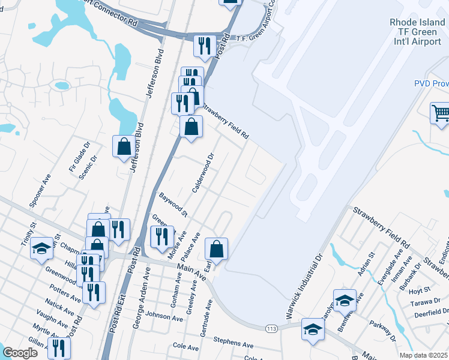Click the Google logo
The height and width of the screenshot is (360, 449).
click(x=20, y=353)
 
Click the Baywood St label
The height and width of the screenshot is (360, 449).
click(x=173, y=205)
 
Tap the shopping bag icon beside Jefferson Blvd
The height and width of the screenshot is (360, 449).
click(x=123, y=146)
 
